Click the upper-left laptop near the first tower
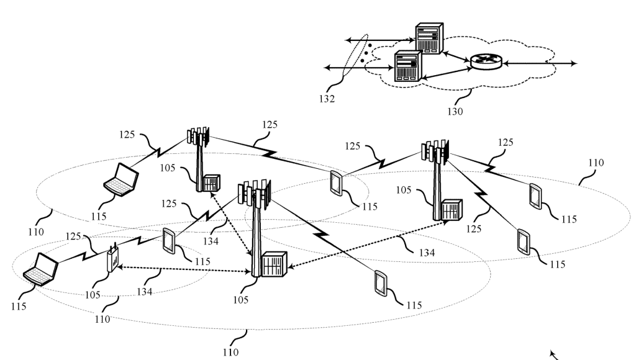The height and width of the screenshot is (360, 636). click(x=122, y=179)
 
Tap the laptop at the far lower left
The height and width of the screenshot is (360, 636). click(x=41, y=270)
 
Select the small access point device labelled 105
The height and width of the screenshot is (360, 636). click(x=112, y=259)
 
